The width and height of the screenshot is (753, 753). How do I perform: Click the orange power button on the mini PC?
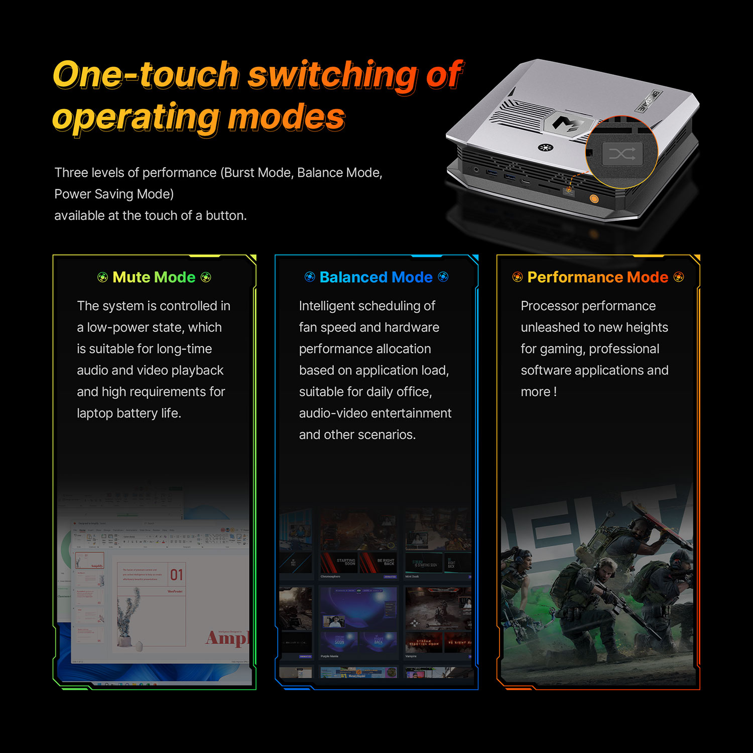(594, 199)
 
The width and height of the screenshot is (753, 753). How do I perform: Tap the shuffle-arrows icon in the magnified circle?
(622, 154)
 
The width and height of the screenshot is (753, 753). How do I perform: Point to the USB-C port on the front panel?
(525, 181)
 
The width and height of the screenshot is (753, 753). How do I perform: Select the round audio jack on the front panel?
(475, 170)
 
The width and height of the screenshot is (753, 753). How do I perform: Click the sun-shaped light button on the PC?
(545, 147)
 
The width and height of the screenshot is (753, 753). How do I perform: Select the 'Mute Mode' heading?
(154, 277)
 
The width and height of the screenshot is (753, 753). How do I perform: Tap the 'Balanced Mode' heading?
(376, 277)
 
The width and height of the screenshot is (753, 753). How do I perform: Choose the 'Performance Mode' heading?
(597, 277)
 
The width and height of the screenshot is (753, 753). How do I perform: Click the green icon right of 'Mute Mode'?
(206, 277)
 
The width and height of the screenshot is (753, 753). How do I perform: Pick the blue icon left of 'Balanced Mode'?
(310, 277)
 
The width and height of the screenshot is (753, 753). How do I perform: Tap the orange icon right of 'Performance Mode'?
(679, 277)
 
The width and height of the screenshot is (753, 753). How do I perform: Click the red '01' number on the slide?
(176, 575)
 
